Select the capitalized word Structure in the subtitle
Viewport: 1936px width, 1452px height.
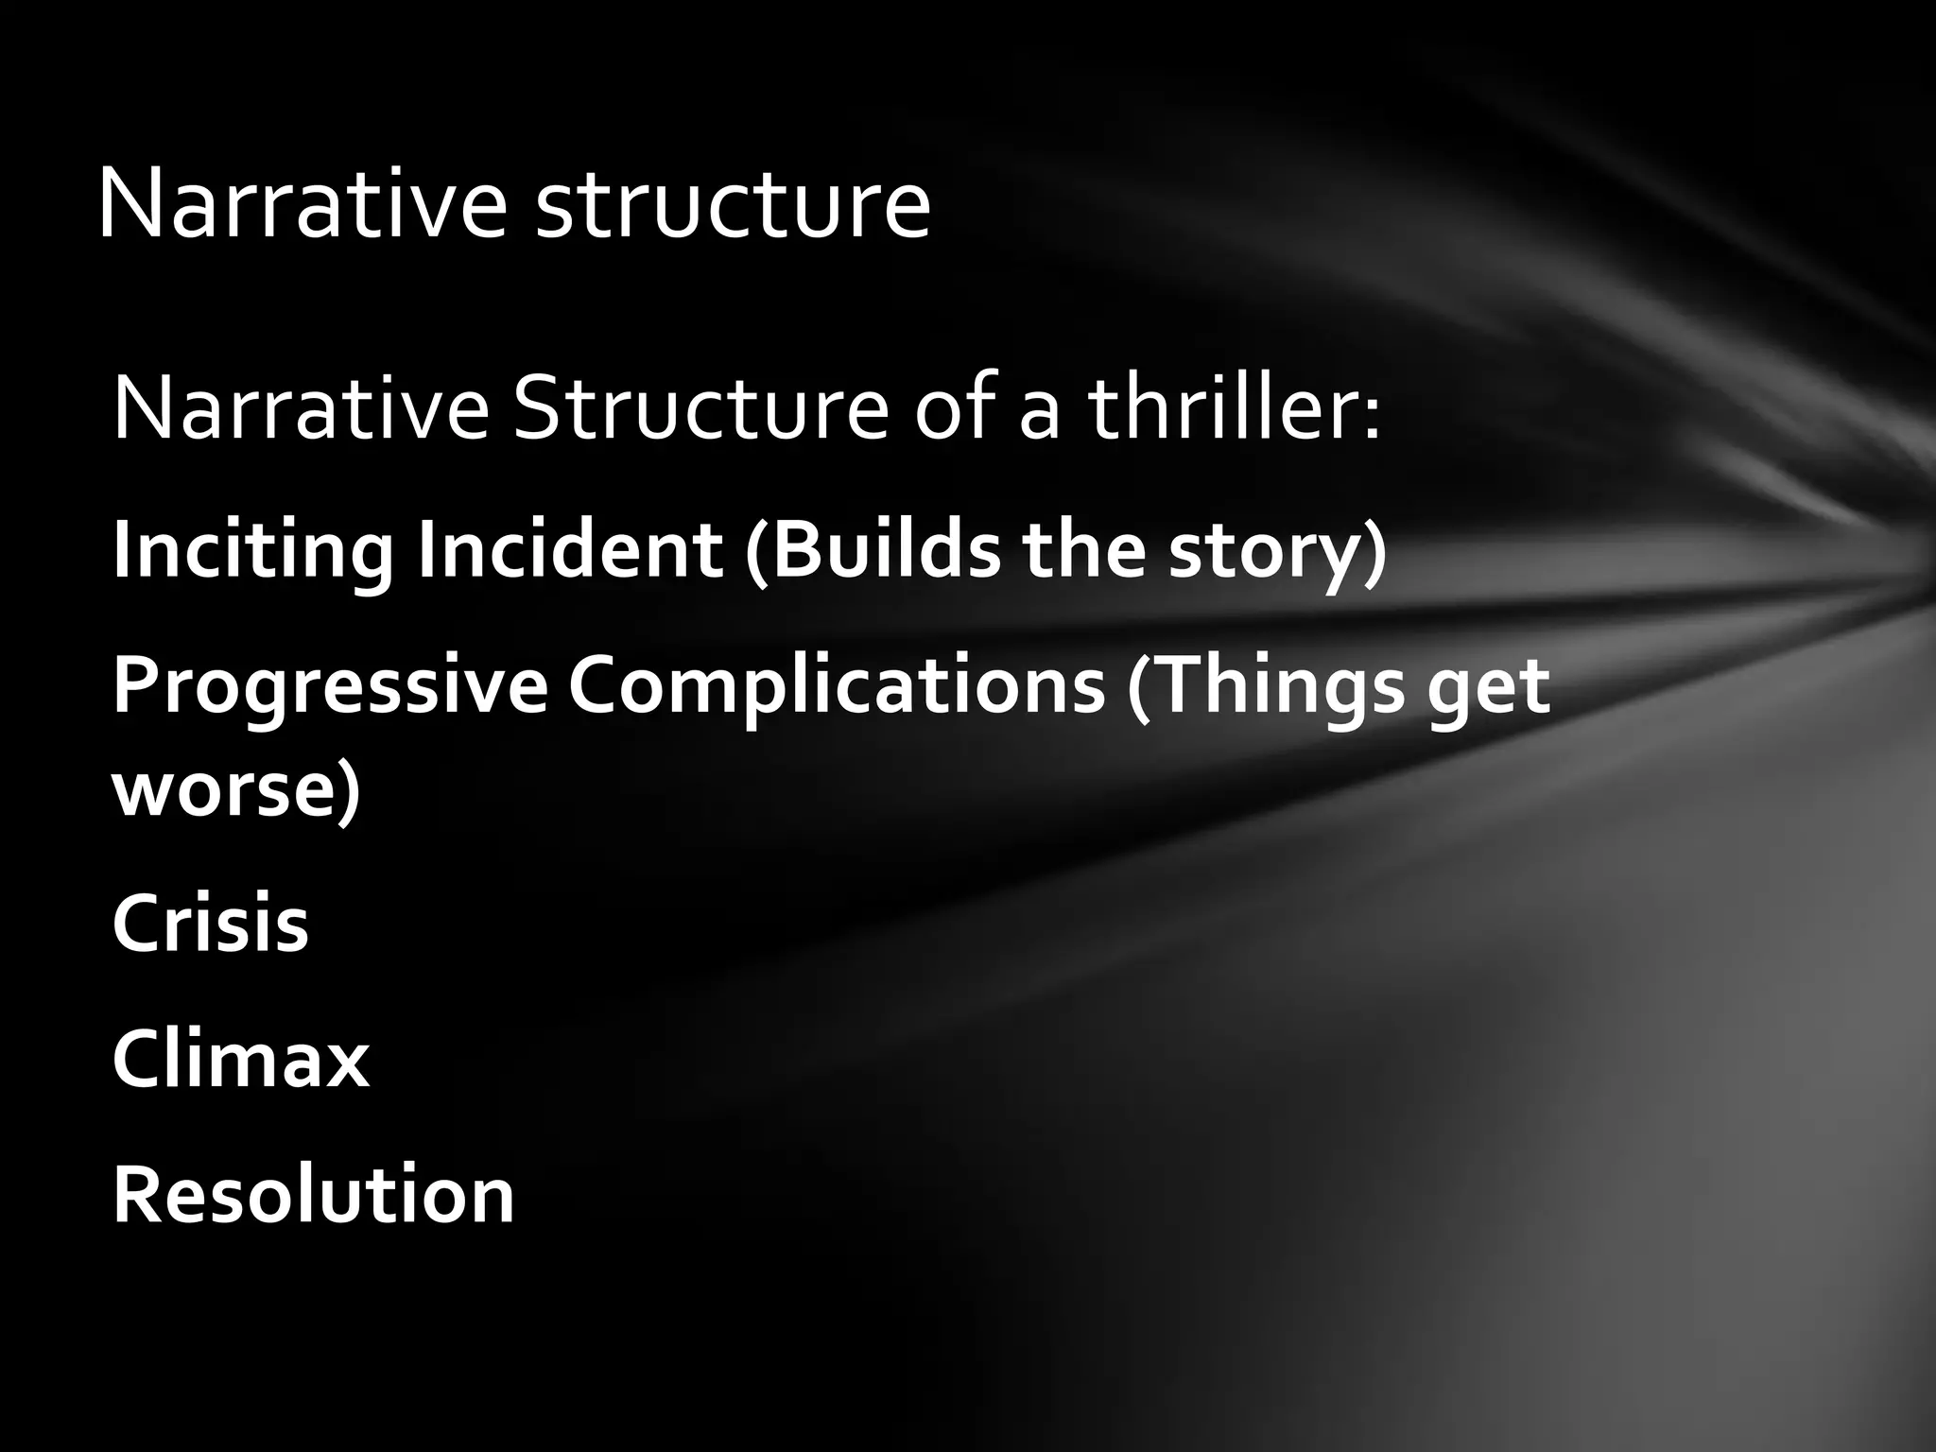click(x=700, y=411)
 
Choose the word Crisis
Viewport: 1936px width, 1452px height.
click(x=211, y=923)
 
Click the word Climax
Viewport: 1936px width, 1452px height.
click(x=240, y=1059)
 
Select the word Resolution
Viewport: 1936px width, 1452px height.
click(x=313, y=1195)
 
